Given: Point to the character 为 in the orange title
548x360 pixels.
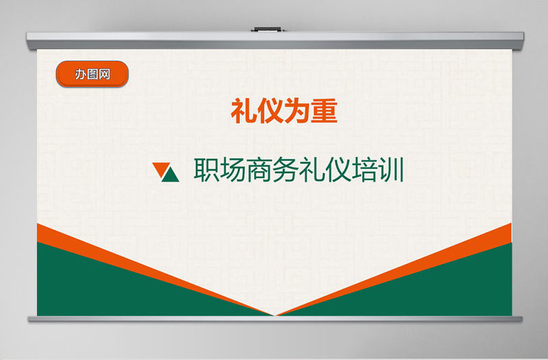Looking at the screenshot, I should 297,111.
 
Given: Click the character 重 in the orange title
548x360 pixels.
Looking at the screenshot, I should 324,111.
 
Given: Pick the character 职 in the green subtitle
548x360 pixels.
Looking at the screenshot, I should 207,171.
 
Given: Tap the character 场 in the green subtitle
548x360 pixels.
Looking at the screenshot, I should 234,171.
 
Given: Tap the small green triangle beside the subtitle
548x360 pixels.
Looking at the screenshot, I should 171,176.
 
